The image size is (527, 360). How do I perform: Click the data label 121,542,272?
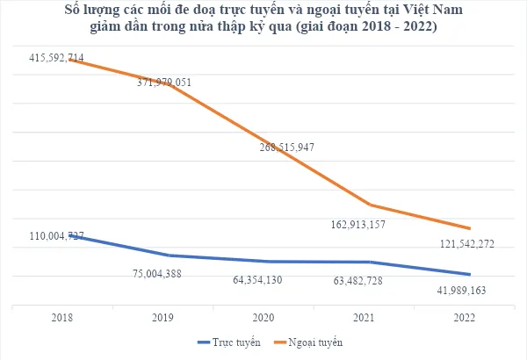466,243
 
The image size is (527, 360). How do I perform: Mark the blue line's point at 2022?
472,274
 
